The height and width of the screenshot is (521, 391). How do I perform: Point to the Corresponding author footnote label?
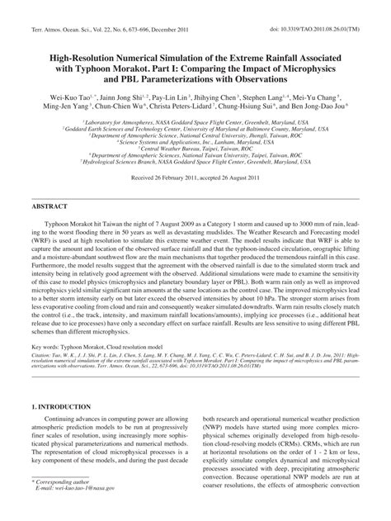[68, 503]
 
